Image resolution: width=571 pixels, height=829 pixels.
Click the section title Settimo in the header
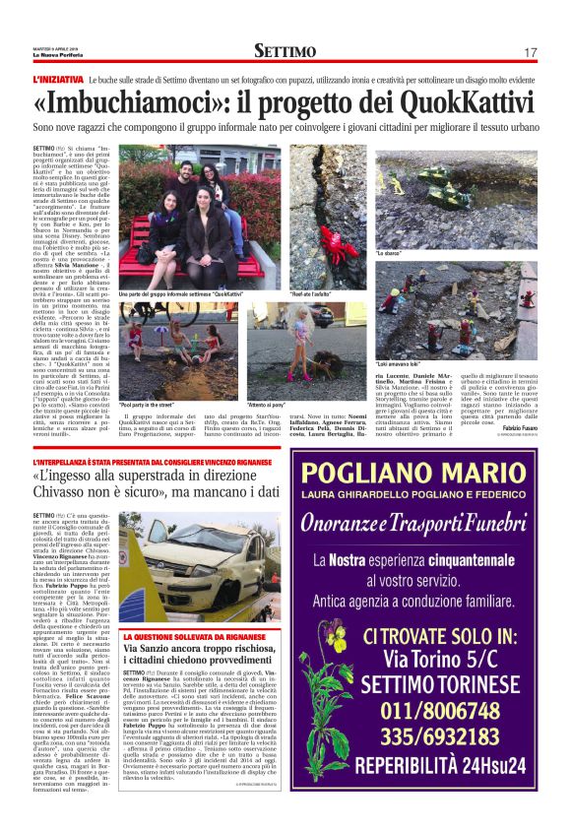coord(285,51)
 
